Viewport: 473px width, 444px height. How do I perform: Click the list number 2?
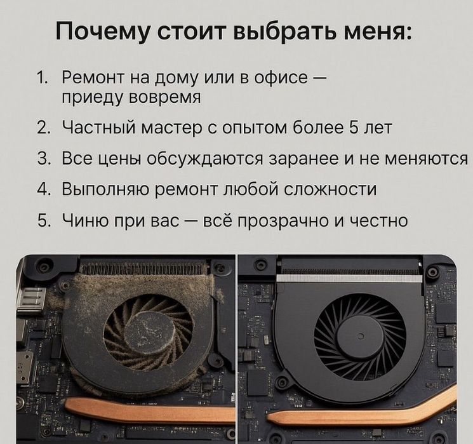[x=43, y=127]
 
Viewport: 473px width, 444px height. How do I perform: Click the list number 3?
[x=43, y=158]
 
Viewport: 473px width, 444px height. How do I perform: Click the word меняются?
[x=429, y=158]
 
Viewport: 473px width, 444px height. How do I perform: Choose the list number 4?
[x=43, y=189]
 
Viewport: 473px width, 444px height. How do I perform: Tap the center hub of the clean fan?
[x=359, y=336]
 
